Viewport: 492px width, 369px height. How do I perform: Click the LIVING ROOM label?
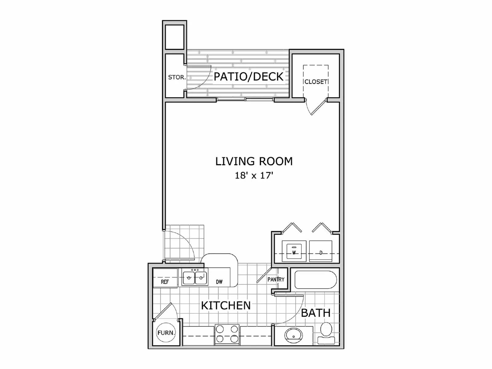pyautogui.click(x=254, y=161)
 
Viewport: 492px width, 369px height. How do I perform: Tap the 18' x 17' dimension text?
pyautogui.click(x=254, y=176)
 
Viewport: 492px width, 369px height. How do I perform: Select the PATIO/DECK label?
pyautogui.click(x=248, y=77)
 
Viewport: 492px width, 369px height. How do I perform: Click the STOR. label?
pyautogui.click(x=177, y=77)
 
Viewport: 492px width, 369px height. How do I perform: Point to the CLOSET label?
pyautogui.click(x=315, y=82)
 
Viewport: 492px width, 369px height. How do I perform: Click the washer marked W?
pyautogui.click(x=294, y=251)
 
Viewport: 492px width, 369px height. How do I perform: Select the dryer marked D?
pyautogui.click(x=321, y=251)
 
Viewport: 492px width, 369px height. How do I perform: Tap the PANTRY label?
pyautogui.click(x=276, y=280)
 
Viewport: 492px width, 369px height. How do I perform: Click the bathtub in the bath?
pyautogui.click(x=316, y=279)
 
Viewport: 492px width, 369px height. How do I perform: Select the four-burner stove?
pyautogui.click(x=227, y=334)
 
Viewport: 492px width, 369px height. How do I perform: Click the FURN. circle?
pyautogui.click(x=166, y=333)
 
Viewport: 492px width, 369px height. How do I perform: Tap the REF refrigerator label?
pyautogui.click(x=165, y=282)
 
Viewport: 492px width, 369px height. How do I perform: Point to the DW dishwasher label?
pyautogui.click(x=219, y=282)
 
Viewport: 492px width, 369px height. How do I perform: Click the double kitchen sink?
pyautogui.click(x=194, y=278)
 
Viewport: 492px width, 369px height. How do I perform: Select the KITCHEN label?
pyautogui.click(x=226, y=306)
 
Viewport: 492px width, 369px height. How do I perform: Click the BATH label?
pyautogui.click(x=315, y=313)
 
